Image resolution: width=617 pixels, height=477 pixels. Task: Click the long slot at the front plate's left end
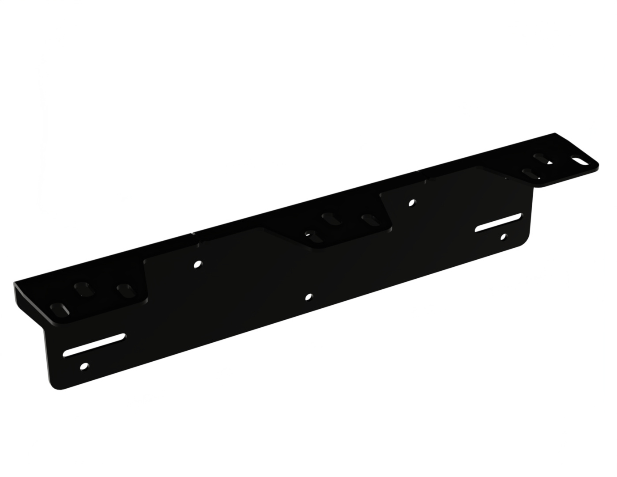point(94,345)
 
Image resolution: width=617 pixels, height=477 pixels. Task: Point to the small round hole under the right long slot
point(503,237)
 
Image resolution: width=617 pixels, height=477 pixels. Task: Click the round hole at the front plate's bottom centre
point(309,297)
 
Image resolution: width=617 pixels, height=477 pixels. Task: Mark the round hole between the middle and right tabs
point(412,203)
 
